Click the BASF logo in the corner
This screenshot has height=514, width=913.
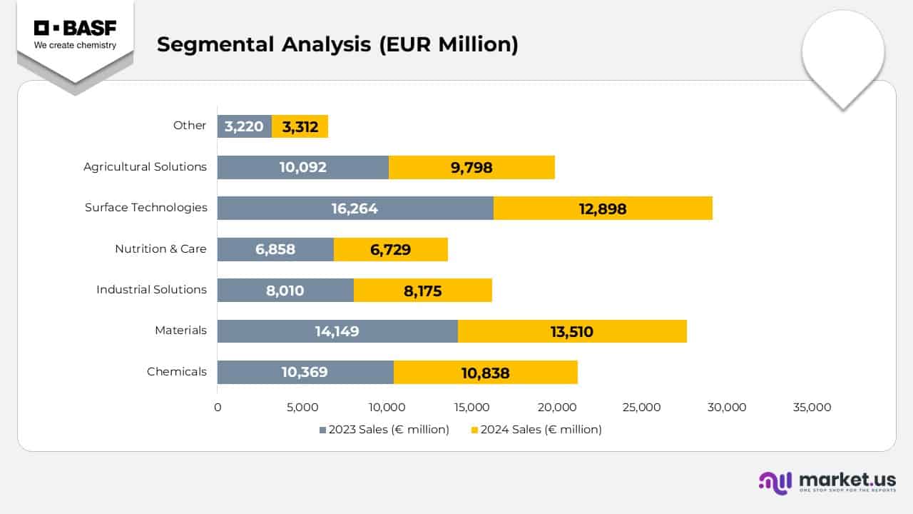coord(75,35)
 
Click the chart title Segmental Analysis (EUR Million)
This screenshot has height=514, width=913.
coord(337,44)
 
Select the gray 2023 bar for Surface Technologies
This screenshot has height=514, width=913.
coord(355,208)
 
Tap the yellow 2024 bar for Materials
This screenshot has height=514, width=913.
coord(572,331)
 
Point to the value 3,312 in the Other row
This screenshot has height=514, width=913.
coord(300,127)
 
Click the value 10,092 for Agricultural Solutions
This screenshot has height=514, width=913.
coord(303,168)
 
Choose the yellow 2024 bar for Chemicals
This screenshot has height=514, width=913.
coord(485,373)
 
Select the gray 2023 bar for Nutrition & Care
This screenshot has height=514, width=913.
coord(275,249)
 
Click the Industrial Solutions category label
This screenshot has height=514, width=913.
coord(151,289)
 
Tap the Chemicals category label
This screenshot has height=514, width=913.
coord(177,371)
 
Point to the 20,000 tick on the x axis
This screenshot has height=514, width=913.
coord(556,408)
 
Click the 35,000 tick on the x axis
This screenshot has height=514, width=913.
coord(812,408)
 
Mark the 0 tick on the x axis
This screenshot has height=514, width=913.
coord(218,408)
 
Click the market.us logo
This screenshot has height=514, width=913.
coord(827,482)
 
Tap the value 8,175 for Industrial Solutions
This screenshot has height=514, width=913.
coord(422,291)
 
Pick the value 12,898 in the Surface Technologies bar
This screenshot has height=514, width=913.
coord(603,208)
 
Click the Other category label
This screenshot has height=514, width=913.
coord(190,125)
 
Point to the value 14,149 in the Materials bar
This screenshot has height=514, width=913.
coord(337,331)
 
